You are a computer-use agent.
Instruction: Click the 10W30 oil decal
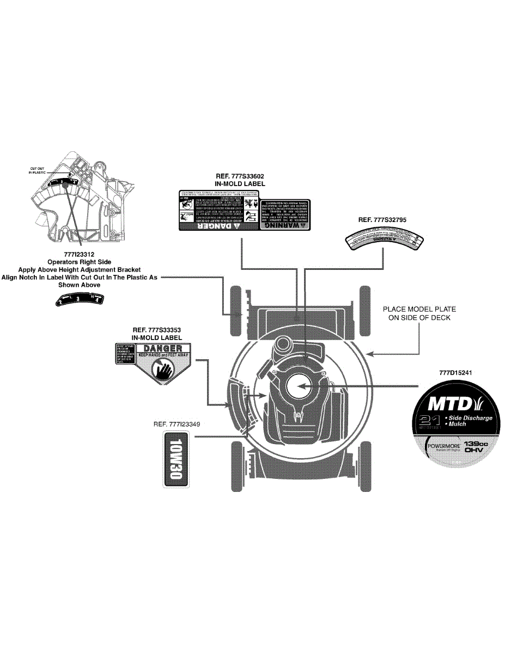pyautogui.click(x=176, y=460)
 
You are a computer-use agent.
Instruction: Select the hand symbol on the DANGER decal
pyautogui.click(x=163, y=371)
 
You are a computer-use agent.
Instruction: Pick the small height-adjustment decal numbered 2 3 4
pyautogui.click(x=80, y=299)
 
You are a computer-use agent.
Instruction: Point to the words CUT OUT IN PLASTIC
pyautogui.click(x=38, y=170)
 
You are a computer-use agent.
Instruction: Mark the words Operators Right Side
pyautogui.click(x=79, y=262)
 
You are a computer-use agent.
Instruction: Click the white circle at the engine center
pyautogui.click(x=299, y=385)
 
